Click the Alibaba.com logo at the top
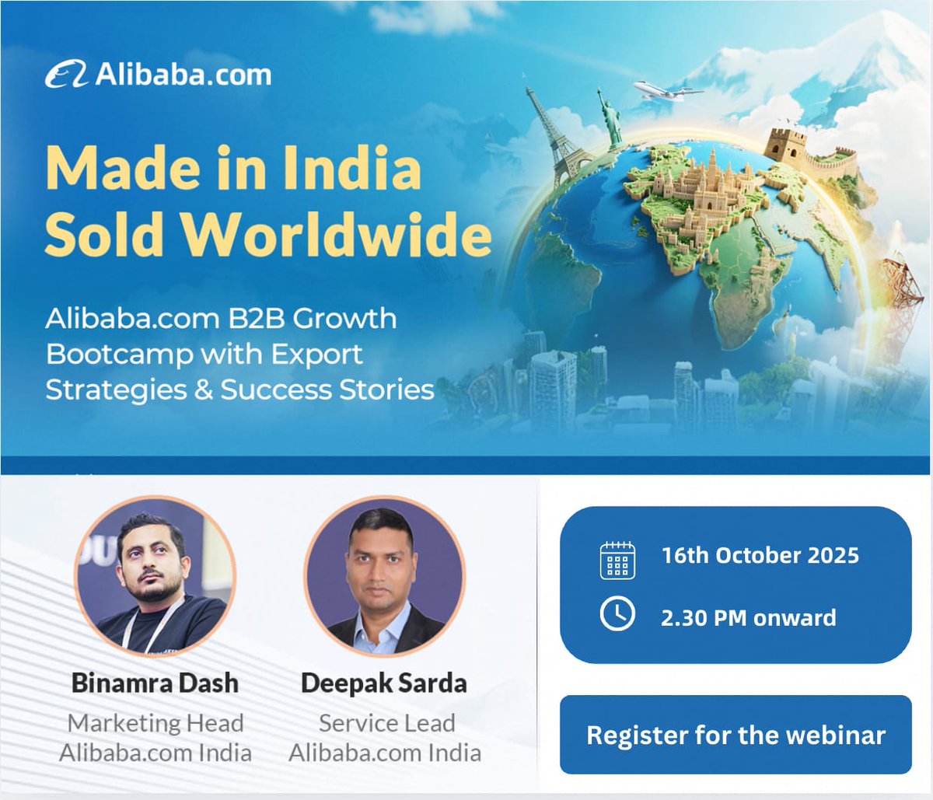[159, 75]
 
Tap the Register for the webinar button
[736, 735]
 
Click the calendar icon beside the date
[617, 560]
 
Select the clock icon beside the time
[617, 614]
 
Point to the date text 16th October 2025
[760, 556]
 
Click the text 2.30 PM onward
[748, 618]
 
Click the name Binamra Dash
[155, 683]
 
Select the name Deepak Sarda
[384, 683]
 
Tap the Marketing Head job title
[155, 723]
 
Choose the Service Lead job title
[386, 723]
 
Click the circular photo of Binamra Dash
[155, 576]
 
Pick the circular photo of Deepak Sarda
[384, 576]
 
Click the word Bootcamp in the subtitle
[119, 355]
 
